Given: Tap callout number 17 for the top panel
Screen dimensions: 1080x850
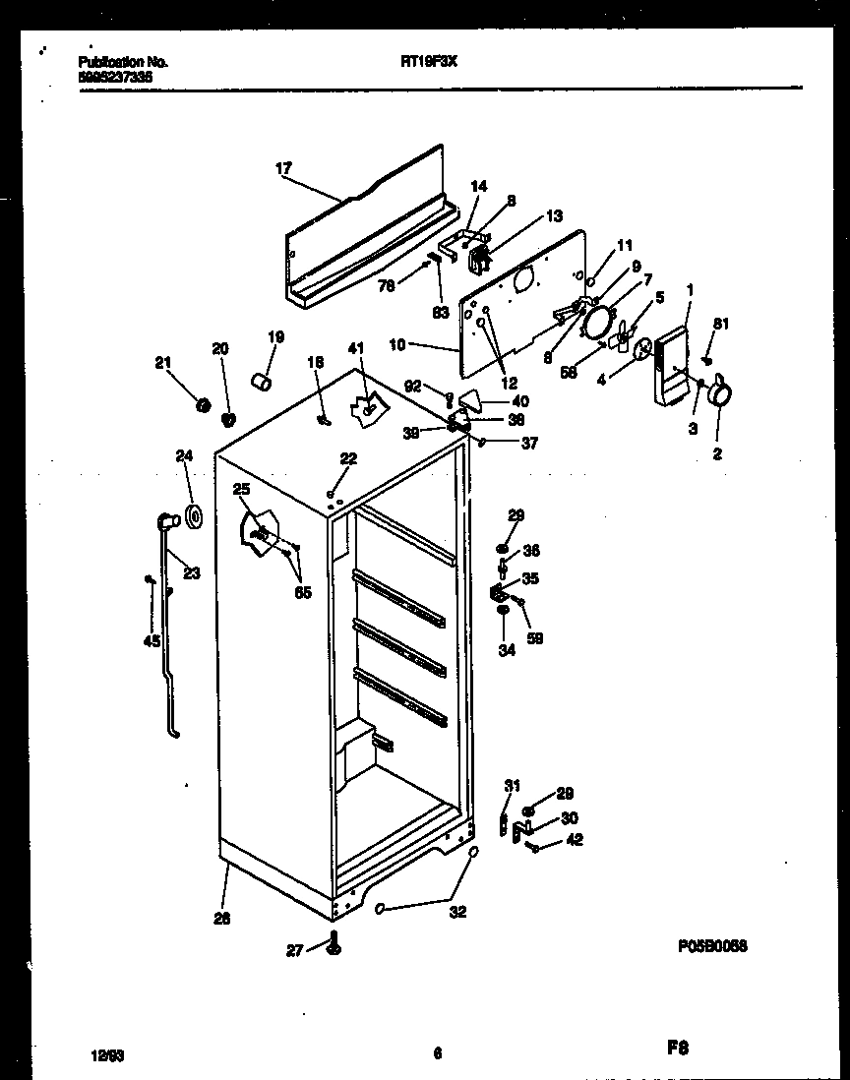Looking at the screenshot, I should [x=284, y=169].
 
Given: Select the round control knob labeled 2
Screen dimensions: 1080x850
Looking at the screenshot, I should [x=723, y=394].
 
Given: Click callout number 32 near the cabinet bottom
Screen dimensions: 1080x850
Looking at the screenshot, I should [x=456, y=912].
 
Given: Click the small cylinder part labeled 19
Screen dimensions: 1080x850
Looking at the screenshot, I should [x=262, y=382].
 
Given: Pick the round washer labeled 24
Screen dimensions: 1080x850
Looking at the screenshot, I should [x=192, y=514].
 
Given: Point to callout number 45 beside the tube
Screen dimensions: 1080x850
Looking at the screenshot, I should [x=151, y=641].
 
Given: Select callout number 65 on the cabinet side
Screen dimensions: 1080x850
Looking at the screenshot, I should [x=303, y=592].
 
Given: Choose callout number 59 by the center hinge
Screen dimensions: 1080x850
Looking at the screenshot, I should [x=535, y=638].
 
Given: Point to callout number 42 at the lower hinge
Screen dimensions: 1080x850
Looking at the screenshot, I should [x=575, y=839].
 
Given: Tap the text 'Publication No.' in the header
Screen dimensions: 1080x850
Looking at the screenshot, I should [x=122, y=62].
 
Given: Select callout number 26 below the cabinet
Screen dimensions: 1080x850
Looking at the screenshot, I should [x=222, y=919].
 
